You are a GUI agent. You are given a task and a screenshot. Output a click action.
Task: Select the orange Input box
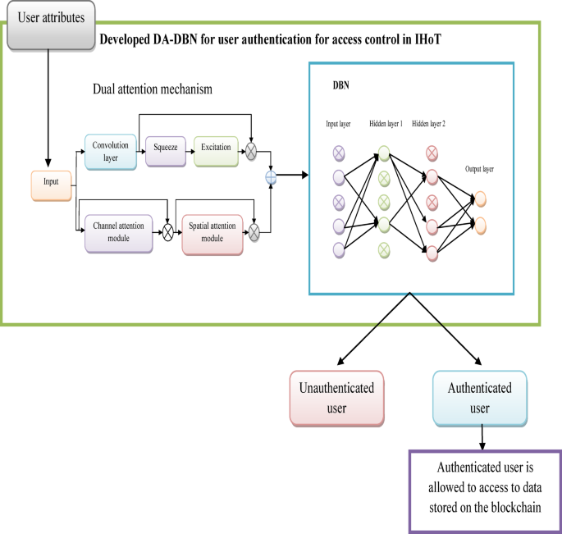51,185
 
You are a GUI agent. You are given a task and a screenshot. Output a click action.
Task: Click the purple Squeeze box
167,149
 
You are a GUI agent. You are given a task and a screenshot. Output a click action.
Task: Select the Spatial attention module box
212,232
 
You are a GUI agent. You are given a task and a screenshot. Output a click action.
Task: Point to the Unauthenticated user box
336,399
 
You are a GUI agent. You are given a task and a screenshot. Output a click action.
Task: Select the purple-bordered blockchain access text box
483,490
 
